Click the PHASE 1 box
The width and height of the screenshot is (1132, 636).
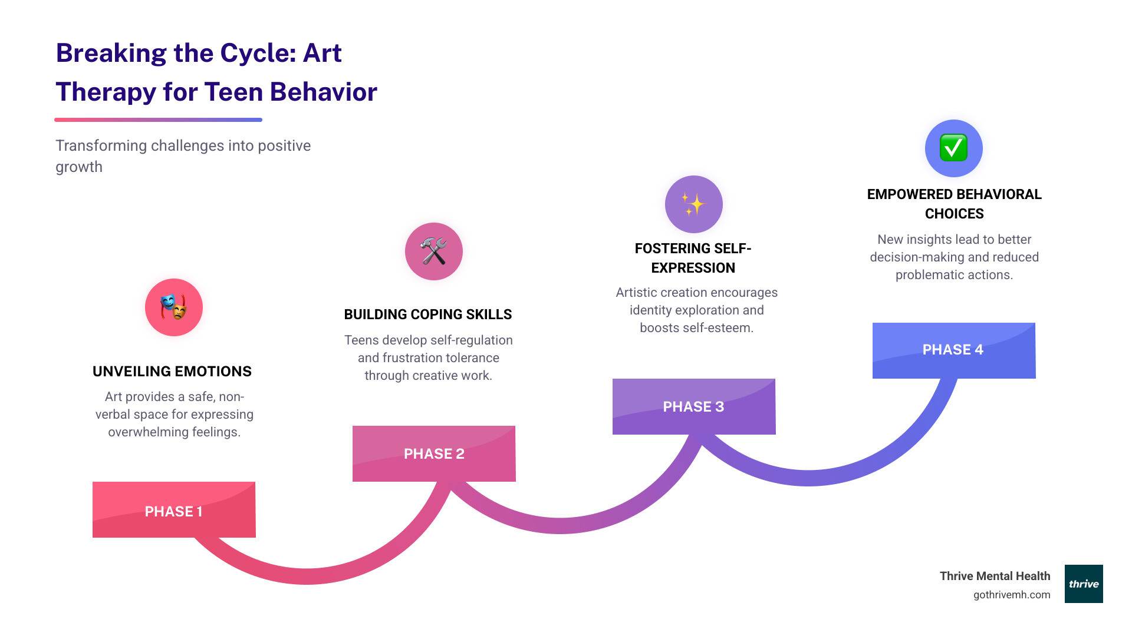pos(174,510)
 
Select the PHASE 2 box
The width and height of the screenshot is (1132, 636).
pos(434,453)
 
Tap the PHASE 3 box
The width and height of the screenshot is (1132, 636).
pos(693,406)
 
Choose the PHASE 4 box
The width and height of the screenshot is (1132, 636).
pos(953,350)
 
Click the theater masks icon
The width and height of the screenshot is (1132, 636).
pos(174,307)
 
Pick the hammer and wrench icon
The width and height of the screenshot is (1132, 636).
pos(434,251)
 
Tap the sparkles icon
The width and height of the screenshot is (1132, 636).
pos(694,204)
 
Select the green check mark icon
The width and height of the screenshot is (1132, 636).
pos(954,148)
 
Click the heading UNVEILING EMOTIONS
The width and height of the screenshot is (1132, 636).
pos(172,372)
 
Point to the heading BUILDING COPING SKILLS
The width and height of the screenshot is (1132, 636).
pos(428,314)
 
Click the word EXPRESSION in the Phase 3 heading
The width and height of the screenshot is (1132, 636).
pos(693,268)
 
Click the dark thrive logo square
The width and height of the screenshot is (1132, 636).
pos(1084,584)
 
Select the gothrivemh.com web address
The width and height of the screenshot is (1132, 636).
pos(1012,595)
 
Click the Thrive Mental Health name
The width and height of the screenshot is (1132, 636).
pos(995,576)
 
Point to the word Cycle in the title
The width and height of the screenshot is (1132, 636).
pos(254,53)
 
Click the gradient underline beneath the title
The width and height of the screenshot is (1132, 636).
pos(158,120)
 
